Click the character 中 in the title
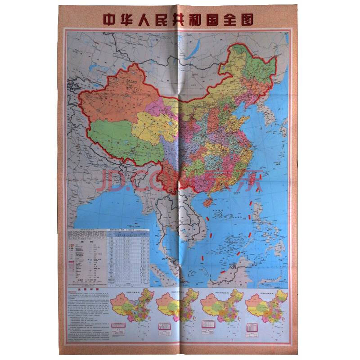(110, 20)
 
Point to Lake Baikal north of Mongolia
(194, 43)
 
